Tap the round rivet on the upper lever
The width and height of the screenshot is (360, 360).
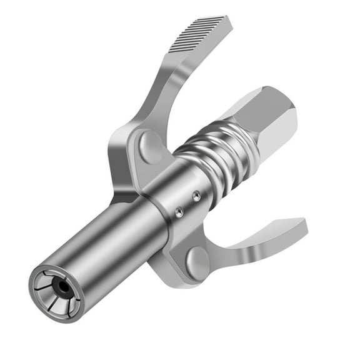(150, 147)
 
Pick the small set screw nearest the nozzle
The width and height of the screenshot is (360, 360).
(179, 212)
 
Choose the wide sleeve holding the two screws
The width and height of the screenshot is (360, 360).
(175, 194)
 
